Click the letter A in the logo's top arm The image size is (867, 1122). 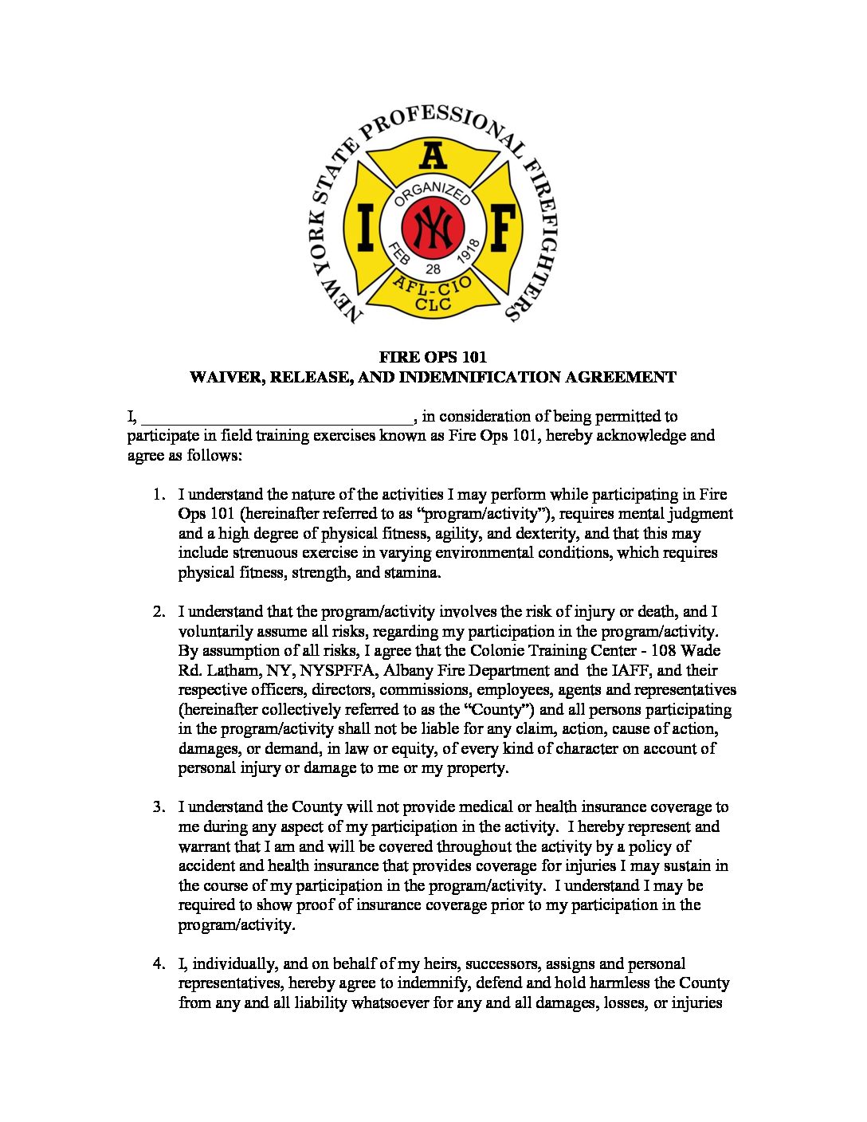433,155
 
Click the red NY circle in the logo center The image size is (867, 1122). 433,226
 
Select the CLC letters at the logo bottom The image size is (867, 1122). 433,304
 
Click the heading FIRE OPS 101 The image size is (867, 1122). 433,357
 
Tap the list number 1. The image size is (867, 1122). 159,495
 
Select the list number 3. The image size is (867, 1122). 159,807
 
